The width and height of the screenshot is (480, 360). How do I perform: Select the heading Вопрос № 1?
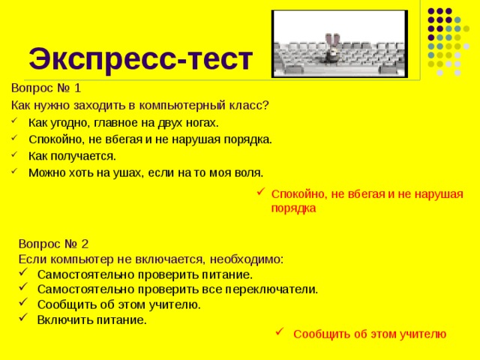[46, 87]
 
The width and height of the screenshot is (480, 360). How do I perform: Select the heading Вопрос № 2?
[54, 244]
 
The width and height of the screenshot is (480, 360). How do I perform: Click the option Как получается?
[72, 156]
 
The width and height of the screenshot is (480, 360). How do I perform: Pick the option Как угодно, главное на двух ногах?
[124, 122]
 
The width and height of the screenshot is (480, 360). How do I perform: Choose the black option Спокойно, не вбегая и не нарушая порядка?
[150, 139]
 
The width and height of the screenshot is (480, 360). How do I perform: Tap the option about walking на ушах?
[145, 172]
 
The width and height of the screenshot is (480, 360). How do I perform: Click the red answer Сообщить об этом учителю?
[370, 334]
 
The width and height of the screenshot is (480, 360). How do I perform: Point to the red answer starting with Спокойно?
[366, 201]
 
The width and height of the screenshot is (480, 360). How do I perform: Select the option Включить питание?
[91, 319]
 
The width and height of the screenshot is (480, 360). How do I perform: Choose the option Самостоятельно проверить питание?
[145, 274]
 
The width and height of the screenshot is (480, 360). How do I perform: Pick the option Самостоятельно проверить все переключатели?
[177, 289]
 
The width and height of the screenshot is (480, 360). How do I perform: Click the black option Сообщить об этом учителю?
[118, 304]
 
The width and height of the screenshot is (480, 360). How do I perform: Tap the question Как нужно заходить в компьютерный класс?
[140, 105]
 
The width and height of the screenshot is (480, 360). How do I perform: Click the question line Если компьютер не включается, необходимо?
[151, 259]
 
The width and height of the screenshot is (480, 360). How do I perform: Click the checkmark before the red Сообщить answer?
[278, 333]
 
